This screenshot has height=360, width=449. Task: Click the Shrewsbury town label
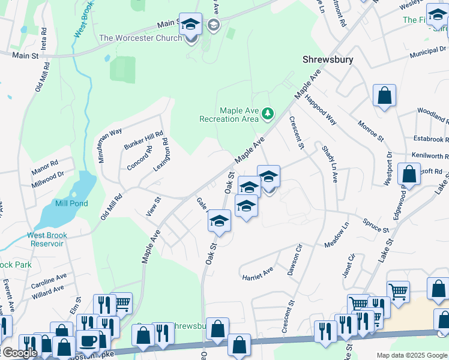327,60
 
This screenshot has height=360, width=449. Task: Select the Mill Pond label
71,203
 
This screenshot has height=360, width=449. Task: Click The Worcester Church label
140,38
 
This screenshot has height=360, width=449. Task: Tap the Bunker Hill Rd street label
143,141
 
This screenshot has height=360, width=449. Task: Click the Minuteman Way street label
101,146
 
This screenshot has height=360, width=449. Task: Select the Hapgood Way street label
320,109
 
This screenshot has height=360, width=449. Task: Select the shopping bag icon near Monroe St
384,95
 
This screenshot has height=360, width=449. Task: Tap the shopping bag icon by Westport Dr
409,175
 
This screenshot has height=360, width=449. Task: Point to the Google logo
19,353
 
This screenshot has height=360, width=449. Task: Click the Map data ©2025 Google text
411,355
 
